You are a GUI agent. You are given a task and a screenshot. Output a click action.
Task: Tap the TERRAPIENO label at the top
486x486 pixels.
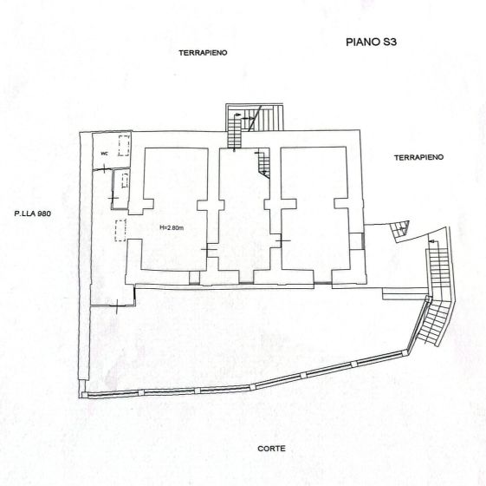(203, 53)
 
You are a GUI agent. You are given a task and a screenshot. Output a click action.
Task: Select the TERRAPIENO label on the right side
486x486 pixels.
(418, 158)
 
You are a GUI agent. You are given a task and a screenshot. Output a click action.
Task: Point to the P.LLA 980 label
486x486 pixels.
(34, 213)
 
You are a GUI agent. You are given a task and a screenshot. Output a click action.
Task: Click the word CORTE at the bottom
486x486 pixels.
(271, 449)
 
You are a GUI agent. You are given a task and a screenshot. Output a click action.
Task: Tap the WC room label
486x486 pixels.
(104, 154)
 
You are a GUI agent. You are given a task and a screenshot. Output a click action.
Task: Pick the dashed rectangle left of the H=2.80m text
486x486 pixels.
(120, 231)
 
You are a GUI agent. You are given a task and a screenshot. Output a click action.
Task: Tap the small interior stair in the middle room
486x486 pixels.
(262, 162)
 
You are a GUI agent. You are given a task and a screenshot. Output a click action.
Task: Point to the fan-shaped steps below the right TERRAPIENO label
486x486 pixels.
(399, 230)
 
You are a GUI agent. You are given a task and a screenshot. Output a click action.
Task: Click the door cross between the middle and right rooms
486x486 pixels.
(282, 239)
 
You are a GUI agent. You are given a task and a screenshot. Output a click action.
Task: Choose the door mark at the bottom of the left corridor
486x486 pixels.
(118, 305)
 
